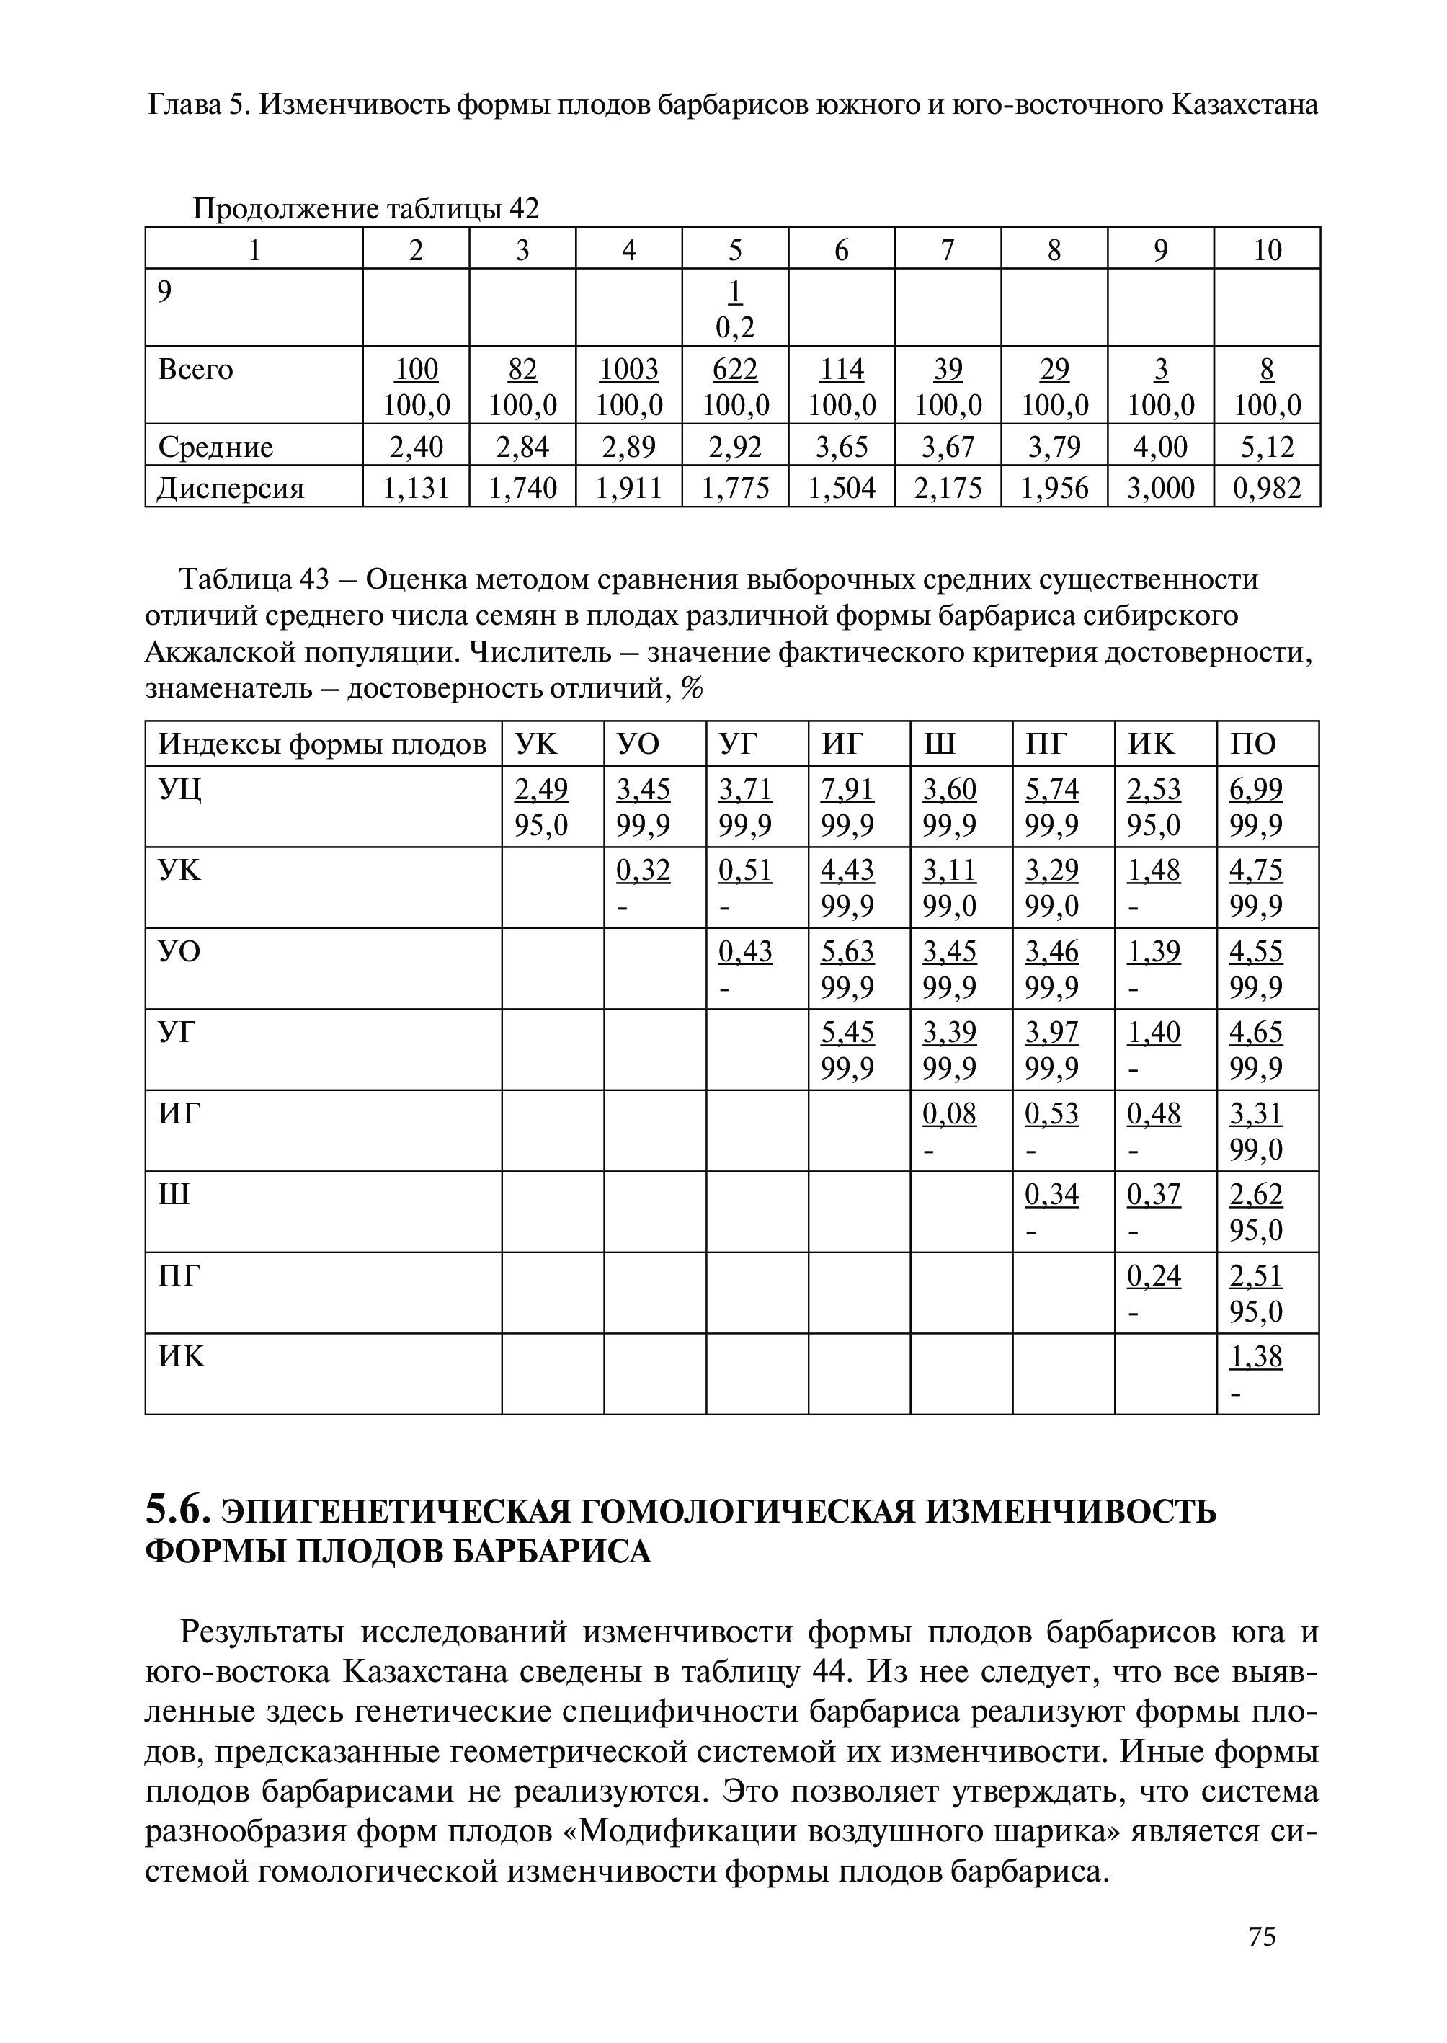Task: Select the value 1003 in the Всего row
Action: coord(629,369)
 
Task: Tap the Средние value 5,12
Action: coord(1267,446)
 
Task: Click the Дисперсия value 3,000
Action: coord(1160,487)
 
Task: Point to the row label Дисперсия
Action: coord(231,487)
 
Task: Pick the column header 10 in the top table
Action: coord(1267,250)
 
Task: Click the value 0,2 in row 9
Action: coord(735,328)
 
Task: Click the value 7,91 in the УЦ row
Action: coord(847,789)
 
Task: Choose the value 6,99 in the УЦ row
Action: coord(1256,789)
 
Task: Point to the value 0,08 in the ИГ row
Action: coord(950,1113)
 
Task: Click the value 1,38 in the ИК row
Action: coord(1256,1357)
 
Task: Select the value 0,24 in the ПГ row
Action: coord(1154,1276)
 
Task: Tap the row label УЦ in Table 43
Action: coord(180,789)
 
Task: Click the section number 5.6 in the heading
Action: coord(177,1511)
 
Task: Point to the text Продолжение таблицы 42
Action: coord(366,210)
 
